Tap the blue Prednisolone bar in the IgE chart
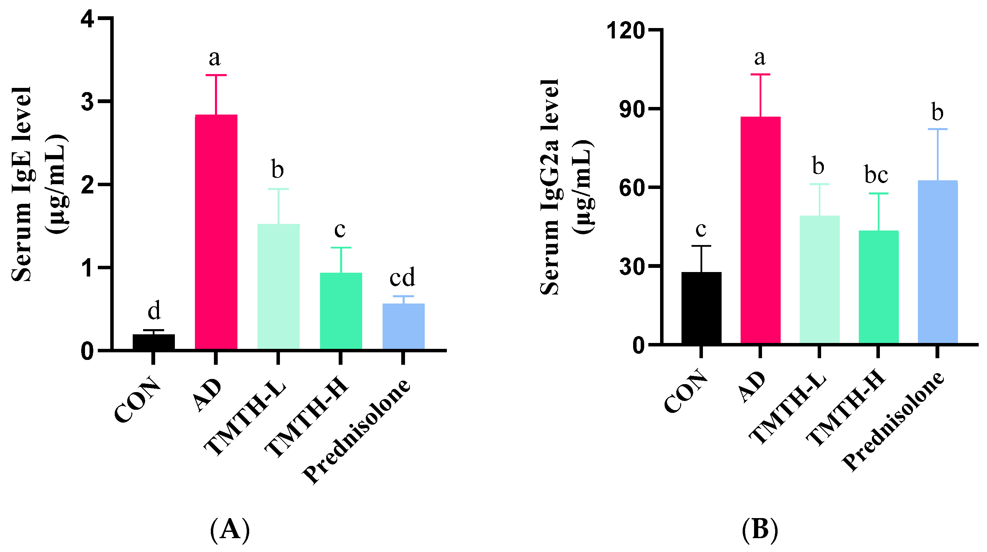(403, 326)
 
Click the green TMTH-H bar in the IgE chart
(341, 311)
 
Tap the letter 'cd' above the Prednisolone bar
(402, 277)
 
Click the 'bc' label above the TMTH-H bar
(877, 175)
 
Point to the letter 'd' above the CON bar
(154, 311)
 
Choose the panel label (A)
(230, 530)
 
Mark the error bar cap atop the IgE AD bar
(216, 75)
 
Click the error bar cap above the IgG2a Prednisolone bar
(937, 129)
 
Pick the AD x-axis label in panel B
(752, 387)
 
